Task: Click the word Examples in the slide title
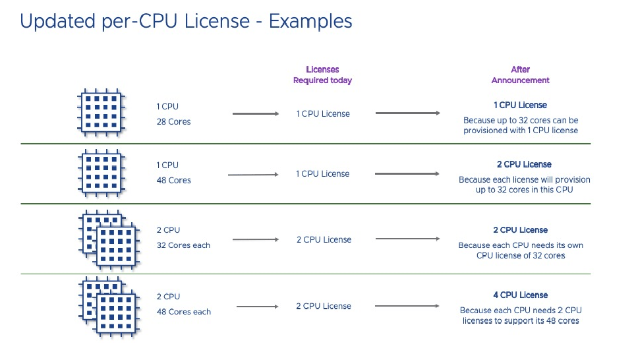[x=310, y=21]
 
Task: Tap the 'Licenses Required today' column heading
[x=322, y=75]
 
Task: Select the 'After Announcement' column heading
[x=520, y=75]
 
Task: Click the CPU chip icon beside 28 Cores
[x=101, y=111]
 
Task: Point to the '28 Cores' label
[x=173, y=122]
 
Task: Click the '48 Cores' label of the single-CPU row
[x=173, y=180]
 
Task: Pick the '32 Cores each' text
[x=183, y=245]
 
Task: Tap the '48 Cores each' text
[x=183, y=312]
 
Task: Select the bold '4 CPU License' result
[x=520, y=295]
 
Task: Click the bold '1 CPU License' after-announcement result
[x=520, y=105]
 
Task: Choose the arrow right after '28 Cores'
[x=256, y=114]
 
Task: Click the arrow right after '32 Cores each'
[x=256, y=240]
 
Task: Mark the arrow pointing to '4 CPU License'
[x=407, y=306]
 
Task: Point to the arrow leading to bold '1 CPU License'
[x=407, y=113]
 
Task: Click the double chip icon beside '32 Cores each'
[x=109, y=239]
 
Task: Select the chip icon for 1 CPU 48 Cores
[x=101, y=171]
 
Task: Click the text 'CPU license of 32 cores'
[x=520, y=255]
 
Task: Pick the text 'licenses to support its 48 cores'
[x=520, y=320]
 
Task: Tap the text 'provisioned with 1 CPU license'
[x=520, y=131]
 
